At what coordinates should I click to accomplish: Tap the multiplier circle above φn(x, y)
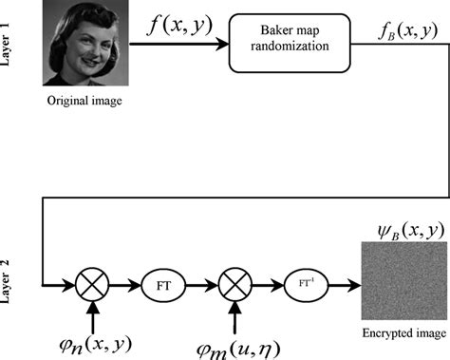pyautogui.click(x=95, y=283)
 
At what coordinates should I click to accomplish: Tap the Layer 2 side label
pyautogui.click(x=11, y=282)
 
